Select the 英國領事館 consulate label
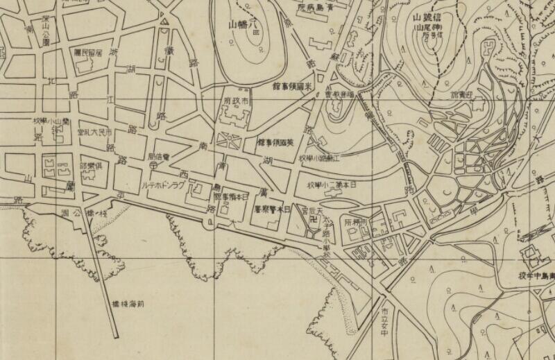pyautogui.click(x=275, y=142)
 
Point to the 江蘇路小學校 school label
pyautogui.click(x=321, y=159)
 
